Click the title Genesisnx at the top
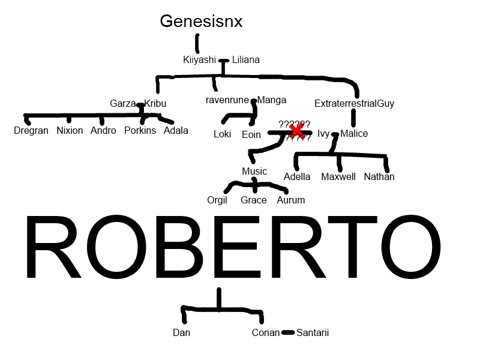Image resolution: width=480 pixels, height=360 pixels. [x=201, y=22]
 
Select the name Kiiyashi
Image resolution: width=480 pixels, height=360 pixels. [x=199, y=59]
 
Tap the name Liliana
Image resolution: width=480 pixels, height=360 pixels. [x=245, y=59]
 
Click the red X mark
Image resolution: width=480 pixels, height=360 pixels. [x=296, y=130]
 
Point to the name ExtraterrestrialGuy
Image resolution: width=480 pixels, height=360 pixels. [x=354, y=103]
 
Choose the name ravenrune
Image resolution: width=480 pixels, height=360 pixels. [x=227, y=100]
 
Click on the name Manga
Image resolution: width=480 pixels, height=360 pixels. [x=272, y=100]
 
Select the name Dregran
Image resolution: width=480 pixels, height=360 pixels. [x=31, y=130]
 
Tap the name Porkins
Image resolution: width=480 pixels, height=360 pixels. [x=140, y=130]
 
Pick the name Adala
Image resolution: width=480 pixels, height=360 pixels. [x=176, y=130]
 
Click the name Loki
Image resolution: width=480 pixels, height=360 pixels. [x=222, y=134]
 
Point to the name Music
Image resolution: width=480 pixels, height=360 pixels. [x=254, y=172]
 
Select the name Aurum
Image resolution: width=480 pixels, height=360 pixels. [x=290, y=200]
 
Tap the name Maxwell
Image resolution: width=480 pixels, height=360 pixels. [x=338, y=176]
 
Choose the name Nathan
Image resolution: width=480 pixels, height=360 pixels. [x=379, y=176]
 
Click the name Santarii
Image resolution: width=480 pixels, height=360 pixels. [x=313, y=332]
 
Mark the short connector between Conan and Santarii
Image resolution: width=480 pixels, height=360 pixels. [x=288, y=332]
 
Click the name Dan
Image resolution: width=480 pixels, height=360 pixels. [x=181, y=332]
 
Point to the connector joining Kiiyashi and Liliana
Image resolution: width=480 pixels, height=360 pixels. [x=224, y=60]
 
